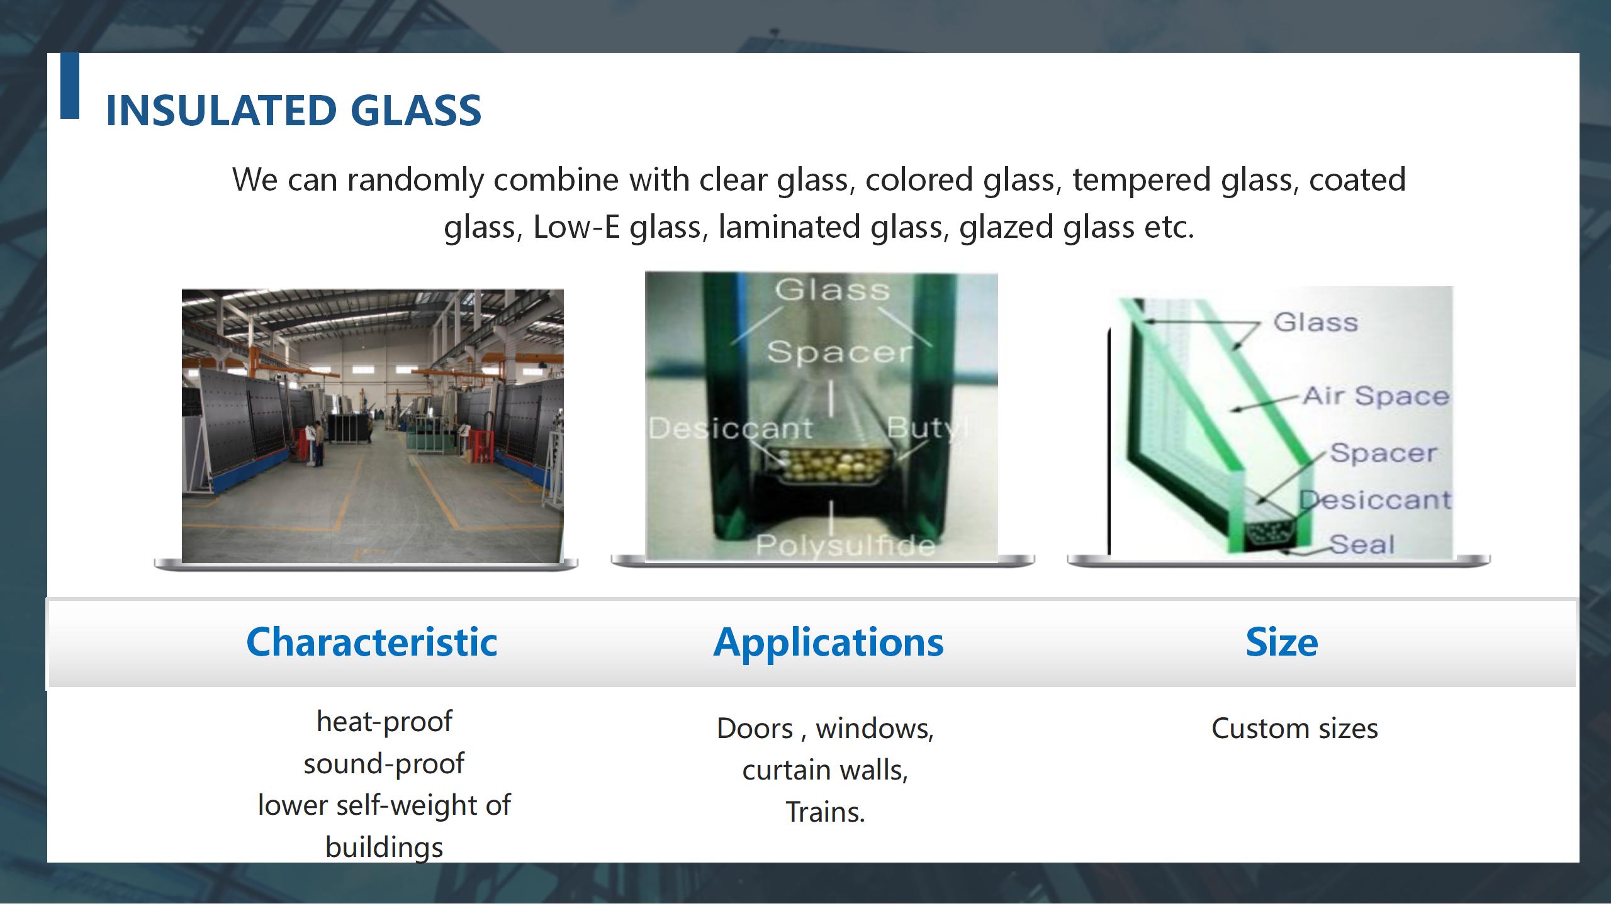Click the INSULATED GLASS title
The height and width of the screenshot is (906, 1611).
293,111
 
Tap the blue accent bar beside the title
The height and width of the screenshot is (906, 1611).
70,86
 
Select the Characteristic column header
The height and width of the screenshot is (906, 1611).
372,642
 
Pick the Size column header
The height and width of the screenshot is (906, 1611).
1282,642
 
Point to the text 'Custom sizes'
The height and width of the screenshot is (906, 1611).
1294,729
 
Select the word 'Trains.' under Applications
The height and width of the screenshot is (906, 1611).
826,812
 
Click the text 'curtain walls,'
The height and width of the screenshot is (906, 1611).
826,771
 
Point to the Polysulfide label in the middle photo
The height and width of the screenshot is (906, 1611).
845,545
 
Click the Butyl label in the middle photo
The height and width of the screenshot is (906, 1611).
928,428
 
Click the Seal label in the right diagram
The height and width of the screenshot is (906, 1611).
1362,544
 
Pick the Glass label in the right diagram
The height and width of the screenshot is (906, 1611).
1316,322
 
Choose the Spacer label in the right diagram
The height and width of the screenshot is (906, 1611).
1384,452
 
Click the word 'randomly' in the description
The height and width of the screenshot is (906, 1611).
415,181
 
